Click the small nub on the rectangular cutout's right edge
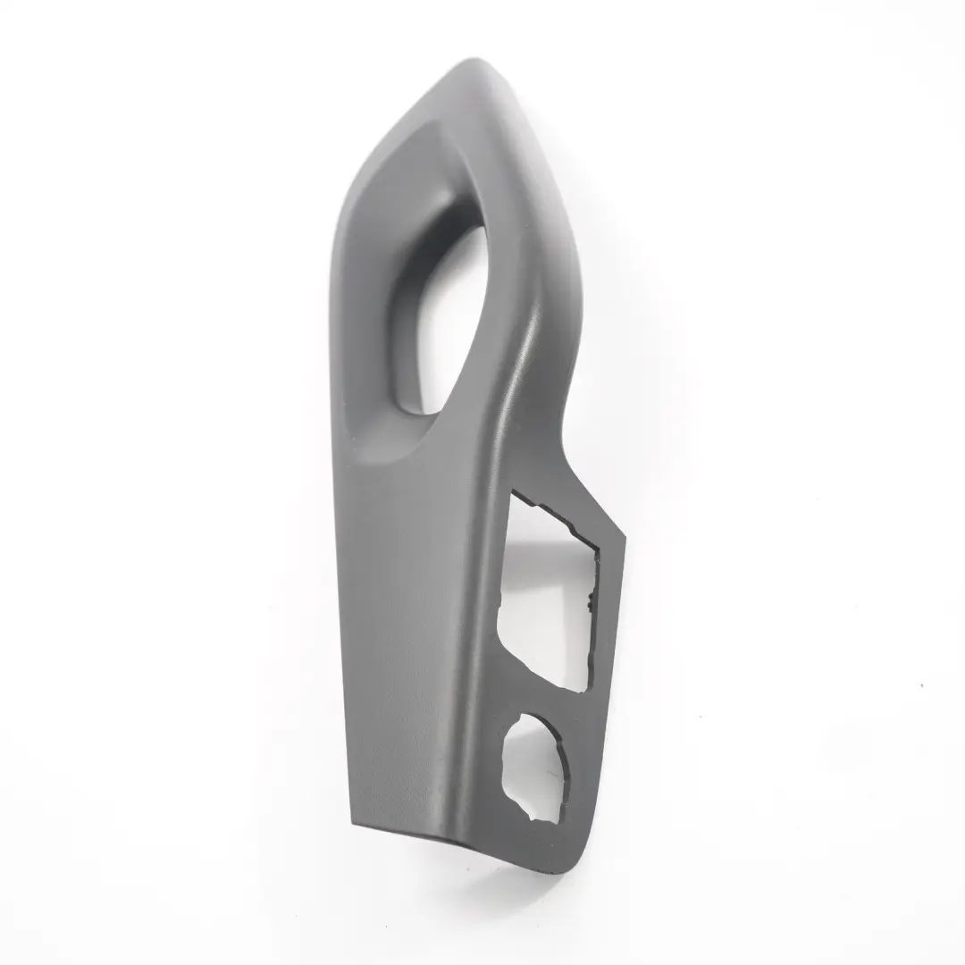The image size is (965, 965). (590, 607)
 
